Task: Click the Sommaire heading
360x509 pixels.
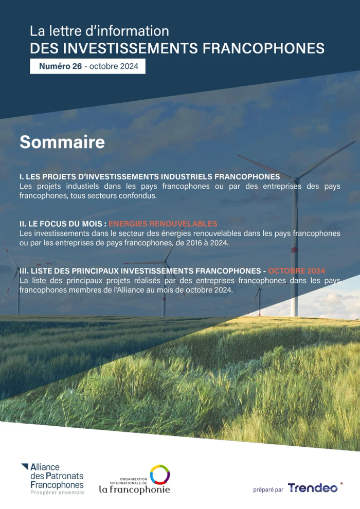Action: pos(62,142)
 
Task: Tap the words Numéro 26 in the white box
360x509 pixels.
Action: pos(60,66)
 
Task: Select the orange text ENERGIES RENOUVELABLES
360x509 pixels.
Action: pos(163,224)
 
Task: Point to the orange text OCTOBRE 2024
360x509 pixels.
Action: pos(296,271)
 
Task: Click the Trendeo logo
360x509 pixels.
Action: pos(312,487)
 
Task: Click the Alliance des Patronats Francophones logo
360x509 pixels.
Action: pos(52,479)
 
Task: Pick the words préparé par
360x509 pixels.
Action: pos(268,489)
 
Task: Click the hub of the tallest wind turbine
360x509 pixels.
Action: pos(295,179)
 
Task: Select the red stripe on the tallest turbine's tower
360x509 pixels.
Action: pos(294,250)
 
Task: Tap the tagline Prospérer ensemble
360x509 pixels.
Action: pos(57,493)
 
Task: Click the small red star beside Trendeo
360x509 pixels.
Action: pos(341,483)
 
